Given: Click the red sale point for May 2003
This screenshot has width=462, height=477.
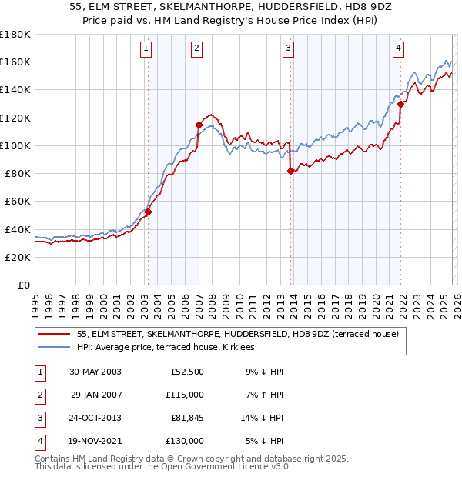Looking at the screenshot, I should [x=148, y=212].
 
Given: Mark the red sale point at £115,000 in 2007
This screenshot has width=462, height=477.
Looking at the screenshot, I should [x=199, y=125].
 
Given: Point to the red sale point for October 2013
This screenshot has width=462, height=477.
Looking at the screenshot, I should [x=290, y=172].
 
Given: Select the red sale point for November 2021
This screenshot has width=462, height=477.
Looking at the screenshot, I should [x=401, y=104].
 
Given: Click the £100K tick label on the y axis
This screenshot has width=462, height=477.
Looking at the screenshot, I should [x=15, y=145].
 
